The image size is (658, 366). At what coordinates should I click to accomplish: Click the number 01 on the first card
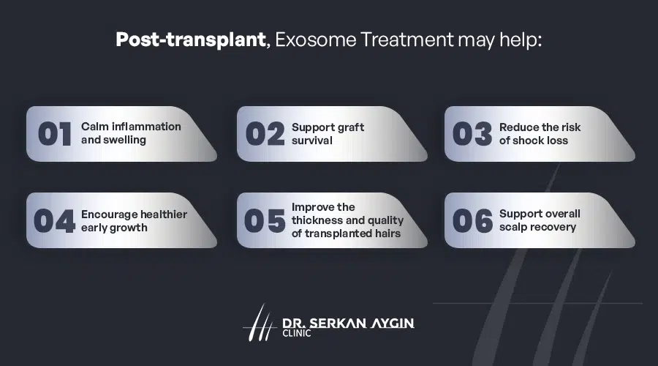(x=55, y=134)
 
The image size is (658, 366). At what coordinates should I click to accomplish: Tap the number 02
(x=265, y=134)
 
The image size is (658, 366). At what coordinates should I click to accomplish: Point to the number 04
(x=55, y=221)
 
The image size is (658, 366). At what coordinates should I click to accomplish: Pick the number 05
(x=265, y=221)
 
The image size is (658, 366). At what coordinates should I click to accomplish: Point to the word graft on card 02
(x=349, y=127)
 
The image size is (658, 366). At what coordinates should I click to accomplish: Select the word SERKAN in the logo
(x=339, y=321)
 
